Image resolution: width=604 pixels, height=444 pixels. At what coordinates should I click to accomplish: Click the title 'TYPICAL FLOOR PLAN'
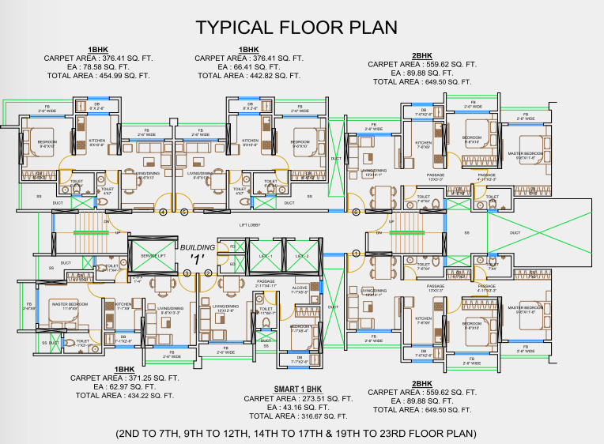point(296,28)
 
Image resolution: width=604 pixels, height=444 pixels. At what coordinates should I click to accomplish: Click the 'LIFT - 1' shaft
point(266,256)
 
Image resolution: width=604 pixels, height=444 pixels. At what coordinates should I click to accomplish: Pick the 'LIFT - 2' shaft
point(301,256)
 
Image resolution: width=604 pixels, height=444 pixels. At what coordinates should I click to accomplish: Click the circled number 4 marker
point(164,212)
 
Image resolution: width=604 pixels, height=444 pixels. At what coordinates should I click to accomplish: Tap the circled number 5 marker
point(184,212)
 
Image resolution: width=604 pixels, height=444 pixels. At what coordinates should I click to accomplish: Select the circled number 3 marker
point(187,273)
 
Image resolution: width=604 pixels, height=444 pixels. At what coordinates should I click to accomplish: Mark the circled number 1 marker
point(356,254)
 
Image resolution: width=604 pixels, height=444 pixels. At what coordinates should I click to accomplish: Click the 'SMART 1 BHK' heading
point(298,389)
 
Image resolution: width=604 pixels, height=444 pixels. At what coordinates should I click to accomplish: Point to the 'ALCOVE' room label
point(300,289)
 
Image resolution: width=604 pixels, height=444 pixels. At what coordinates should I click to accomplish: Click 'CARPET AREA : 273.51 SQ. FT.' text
point(298,398)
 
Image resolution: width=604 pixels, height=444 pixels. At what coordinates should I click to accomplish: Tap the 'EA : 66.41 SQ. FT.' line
point(247,67)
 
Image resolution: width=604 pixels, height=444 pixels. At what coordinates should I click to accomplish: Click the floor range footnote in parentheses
point(296,434)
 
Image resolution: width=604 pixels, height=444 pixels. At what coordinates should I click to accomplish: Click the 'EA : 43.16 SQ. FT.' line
point(298,407)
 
